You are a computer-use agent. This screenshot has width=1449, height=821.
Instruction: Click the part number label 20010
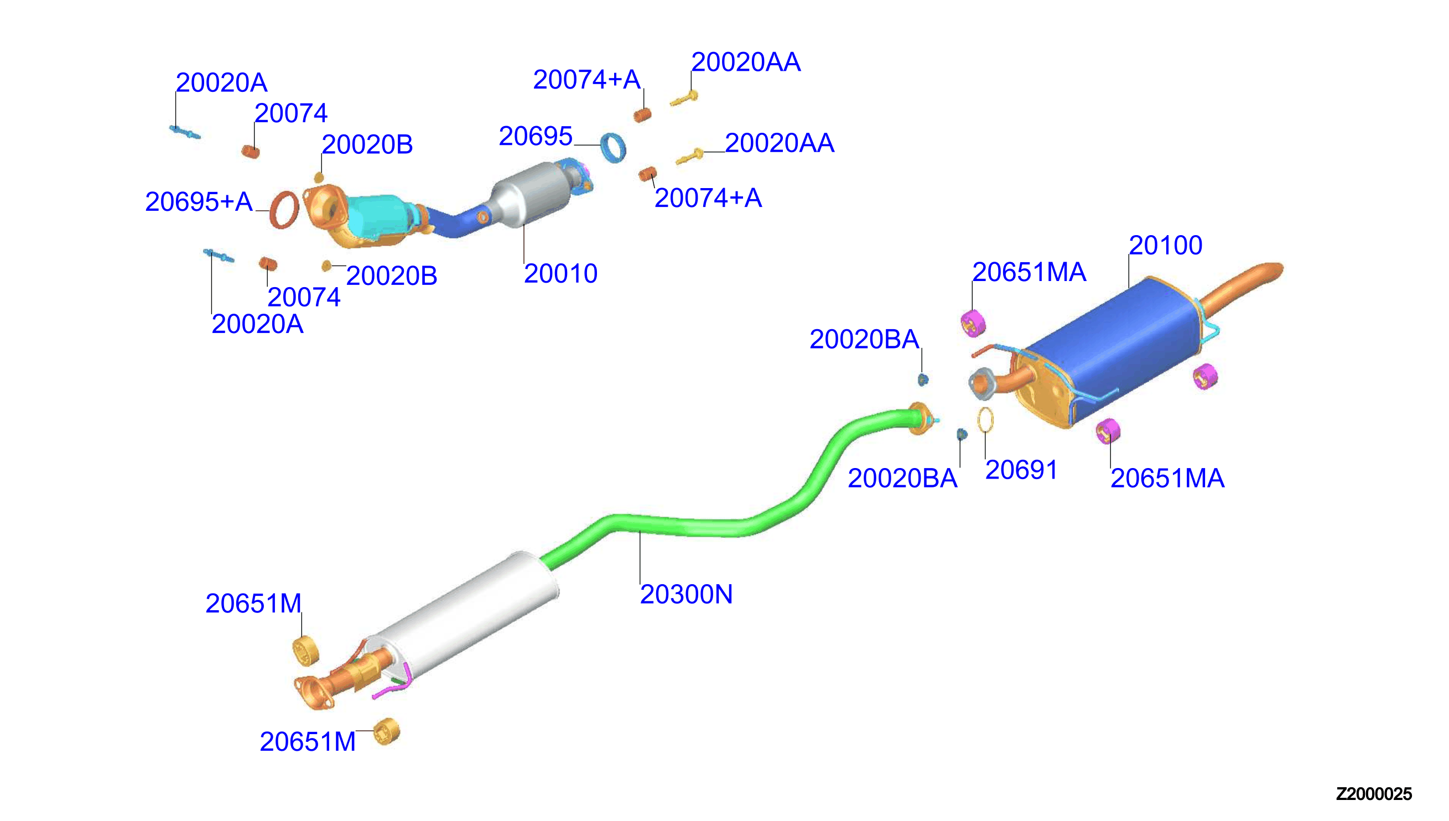[560, 274]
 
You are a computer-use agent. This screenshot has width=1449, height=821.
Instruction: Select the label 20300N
[686, 595]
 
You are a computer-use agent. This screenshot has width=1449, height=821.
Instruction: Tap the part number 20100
[1165, 246]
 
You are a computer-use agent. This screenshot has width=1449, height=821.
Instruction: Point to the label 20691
[1021, 470]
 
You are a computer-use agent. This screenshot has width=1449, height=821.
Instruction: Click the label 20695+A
[199, 202]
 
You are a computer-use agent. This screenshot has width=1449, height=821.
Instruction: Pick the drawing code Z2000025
[1374, 794]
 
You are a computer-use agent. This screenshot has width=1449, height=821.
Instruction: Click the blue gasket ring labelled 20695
[613, 147]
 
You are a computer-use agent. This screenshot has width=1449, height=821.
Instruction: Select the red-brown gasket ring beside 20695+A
[284, 210]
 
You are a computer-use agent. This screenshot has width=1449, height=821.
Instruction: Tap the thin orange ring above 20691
[985, 420]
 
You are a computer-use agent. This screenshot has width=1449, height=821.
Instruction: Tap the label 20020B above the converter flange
[367, 145]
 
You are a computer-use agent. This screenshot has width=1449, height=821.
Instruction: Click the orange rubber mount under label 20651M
[306, 651]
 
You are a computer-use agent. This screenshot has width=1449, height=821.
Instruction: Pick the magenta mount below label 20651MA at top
[973, 323]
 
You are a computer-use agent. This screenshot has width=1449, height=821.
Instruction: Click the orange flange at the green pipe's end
[920, 419]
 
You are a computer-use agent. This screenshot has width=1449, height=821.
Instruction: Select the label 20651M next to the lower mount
[308, 742]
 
